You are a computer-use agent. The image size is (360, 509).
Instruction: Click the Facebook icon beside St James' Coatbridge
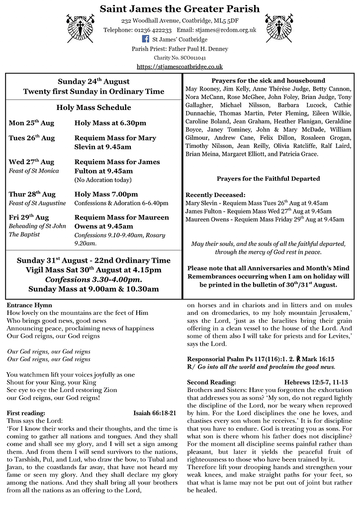pyautogui.click(x=146, y=39)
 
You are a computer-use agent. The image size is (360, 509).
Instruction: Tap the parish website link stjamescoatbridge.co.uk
pyautogui.click(x=180, y=66)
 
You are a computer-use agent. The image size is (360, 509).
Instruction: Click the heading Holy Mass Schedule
pyautogui.click(x=93, y=107)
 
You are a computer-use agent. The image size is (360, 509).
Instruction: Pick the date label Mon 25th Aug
pyautogui.click(x=31, y=123)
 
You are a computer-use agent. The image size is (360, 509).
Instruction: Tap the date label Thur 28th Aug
pyautogui.click(x=32, y=194)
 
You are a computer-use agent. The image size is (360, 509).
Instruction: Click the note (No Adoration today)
pyautogui.click(x=103, y=180)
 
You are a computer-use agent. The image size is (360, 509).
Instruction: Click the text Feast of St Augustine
pyautogui.click(x=37, y=203)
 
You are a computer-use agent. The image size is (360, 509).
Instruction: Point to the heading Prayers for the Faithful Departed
pyautogui.click(x=268, y=179)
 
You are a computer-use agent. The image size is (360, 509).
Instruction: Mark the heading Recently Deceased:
pyautogui.click(x=215, y=195)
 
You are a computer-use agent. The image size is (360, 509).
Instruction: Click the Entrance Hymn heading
pyautogui.click(x=29, y=305)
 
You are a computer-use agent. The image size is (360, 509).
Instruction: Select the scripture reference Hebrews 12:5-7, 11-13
pyautogui.click(x=316, y=382)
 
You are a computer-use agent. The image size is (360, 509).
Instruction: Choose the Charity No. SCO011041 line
pyautogui.click(x=180, y=58)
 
